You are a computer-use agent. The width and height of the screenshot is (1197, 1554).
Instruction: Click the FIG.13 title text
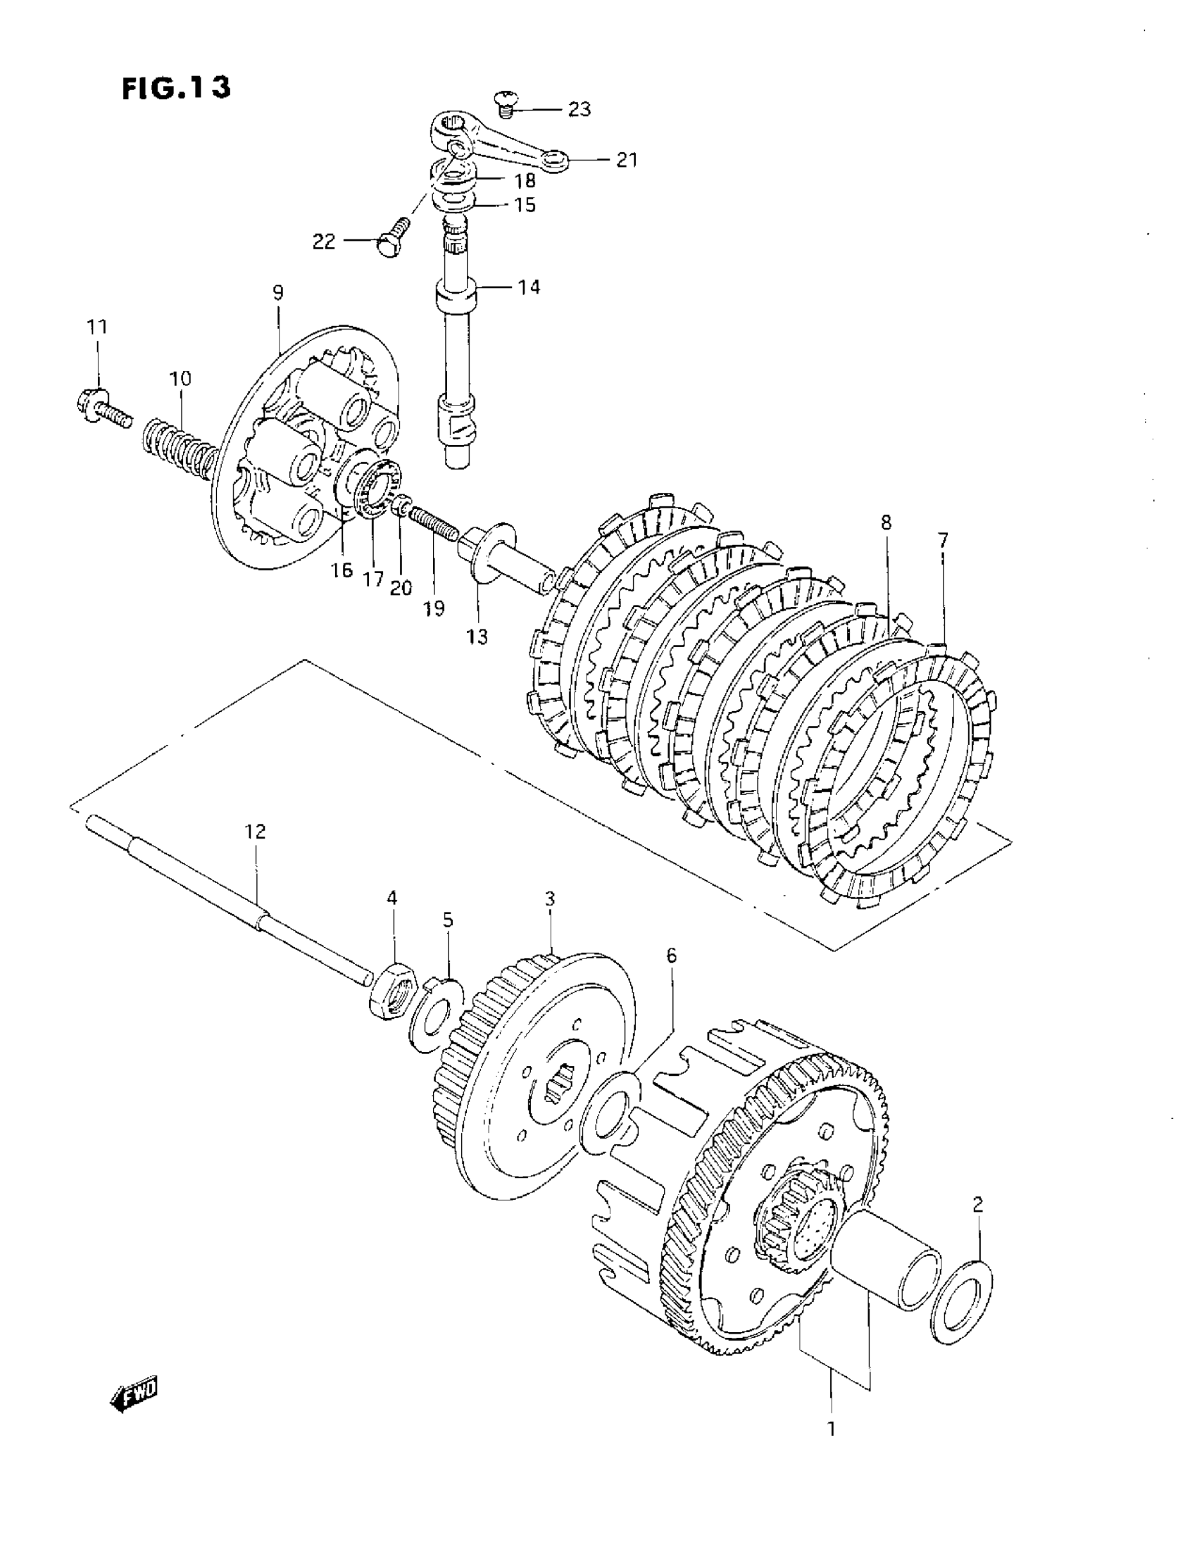pos(177,87)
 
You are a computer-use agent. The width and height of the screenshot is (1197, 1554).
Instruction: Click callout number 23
pos(579,110)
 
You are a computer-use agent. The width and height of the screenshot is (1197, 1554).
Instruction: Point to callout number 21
pos(626,160)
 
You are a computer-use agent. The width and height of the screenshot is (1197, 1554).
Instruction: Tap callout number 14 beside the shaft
pos(529,287)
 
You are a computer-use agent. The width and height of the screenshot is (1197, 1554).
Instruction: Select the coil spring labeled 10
pos(184,446)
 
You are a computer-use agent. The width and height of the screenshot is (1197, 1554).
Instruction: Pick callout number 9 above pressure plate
pos(277,292)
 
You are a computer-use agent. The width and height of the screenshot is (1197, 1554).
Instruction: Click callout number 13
pos(477,637)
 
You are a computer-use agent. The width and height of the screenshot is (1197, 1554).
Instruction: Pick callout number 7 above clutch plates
pos(942,541)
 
